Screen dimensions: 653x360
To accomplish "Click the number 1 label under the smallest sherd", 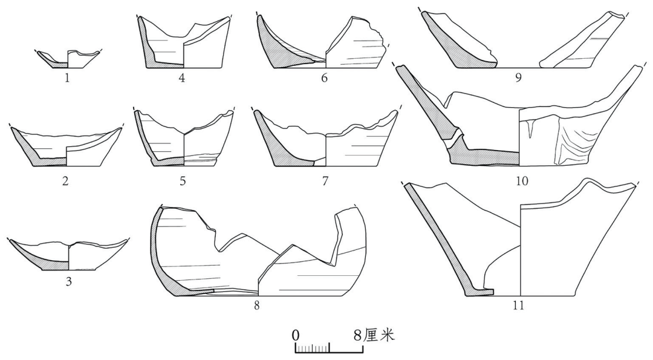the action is point(67,77).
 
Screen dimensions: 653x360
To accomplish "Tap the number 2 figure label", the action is point(65,181).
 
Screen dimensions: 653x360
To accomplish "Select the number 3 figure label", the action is point(69,282).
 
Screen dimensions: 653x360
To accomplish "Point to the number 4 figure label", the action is point(181,77).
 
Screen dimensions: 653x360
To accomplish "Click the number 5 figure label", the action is point(183,181).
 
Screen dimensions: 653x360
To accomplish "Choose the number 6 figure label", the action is point(325,77).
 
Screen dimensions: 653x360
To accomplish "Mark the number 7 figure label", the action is point(325,181).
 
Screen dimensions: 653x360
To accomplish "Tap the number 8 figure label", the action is point(257,306).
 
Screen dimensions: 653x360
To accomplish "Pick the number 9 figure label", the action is point(519,77).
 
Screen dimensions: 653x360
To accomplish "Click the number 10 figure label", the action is point(521,181).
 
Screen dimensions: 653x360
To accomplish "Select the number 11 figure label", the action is point(518,306).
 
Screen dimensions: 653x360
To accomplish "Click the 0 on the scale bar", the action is point(296,335).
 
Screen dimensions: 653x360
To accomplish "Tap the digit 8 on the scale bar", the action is point(358,335).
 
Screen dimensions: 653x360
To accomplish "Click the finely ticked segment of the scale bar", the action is point(313,347).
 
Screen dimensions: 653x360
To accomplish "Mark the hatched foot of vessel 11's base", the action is point(479,293).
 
